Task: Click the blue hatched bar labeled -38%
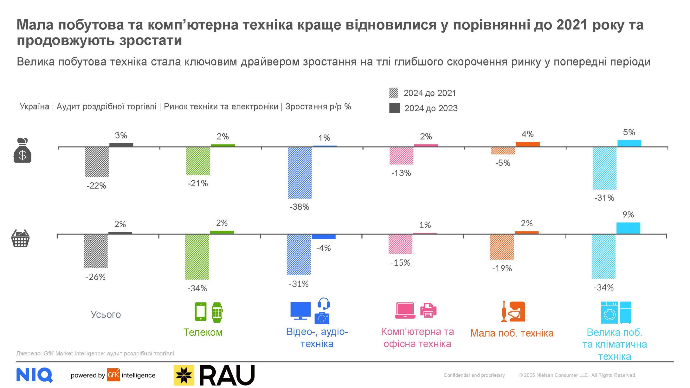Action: click(x=299, y=173)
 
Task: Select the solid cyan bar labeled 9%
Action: click(x=628, y=228)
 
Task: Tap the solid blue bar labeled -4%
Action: click(x=323, y=237)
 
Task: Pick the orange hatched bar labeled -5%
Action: click(x=503, y=151)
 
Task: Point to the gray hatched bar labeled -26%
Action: click(x=95, y=251)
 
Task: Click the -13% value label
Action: click(x=401, y=173)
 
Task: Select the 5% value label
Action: click(x=629, y=132)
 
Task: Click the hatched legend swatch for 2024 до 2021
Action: click(x=394, y=93)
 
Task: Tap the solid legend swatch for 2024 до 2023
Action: click(x=394, y=108)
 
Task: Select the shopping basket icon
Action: click(x=20, y=238)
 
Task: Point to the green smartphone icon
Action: click(x=201, y=312)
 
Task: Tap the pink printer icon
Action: click(x=428, y=310)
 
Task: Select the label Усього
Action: click(x=106, y=314)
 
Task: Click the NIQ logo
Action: click(x=34, y=375)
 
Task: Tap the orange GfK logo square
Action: click(x=113, y=375)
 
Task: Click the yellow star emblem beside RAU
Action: click(x=184, y=375)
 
